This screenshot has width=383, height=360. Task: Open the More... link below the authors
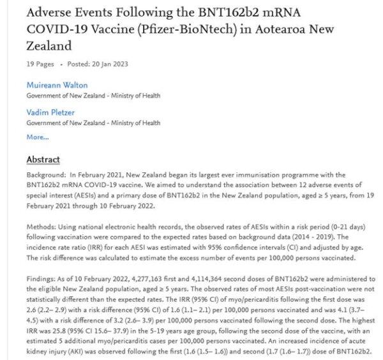coord(37,137)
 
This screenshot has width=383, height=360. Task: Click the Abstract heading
coord(43,159)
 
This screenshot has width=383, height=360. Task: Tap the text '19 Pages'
coord(38,64)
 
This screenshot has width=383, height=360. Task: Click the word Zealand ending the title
coord(49,47)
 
